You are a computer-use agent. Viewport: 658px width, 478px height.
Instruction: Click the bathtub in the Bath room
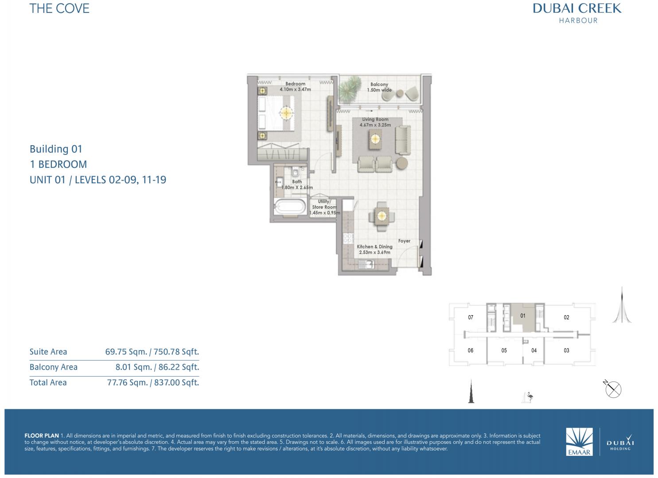point(290,207)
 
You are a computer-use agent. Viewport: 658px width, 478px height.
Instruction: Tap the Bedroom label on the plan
point(295,84)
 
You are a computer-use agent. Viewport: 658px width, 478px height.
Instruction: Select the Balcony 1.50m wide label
point(379,87)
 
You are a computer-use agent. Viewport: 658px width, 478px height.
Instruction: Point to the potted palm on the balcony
point(350,89)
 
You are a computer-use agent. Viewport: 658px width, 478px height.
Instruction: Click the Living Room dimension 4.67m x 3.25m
point(375,125)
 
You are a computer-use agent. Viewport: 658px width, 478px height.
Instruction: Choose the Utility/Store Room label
point(324,204)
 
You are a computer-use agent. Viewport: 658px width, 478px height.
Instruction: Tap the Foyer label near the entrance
point(404,241)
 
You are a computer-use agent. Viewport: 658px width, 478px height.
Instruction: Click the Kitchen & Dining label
point(374,247)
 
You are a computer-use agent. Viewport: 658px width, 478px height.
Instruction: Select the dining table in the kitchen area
point(382,216)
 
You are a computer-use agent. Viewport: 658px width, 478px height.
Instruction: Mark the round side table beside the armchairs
point(401,163)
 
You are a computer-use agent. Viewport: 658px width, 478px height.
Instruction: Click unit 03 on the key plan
point(566,351)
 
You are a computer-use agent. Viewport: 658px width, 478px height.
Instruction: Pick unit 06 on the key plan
point(470,351)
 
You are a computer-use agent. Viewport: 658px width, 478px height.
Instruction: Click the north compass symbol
point(613,389)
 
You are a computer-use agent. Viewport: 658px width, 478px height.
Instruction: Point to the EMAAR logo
point(579,442)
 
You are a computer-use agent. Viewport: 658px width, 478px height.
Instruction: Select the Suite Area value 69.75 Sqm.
point(126,352)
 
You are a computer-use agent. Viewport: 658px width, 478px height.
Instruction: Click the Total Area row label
point(48,383)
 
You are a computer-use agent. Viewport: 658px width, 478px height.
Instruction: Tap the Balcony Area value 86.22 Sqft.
point(179,367)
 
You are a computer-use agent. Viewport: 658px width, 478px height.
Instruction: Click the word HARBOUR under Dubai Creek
point(578,20)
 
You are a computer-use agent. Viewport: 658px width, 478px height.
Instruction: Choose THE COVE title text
point(59,8)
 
